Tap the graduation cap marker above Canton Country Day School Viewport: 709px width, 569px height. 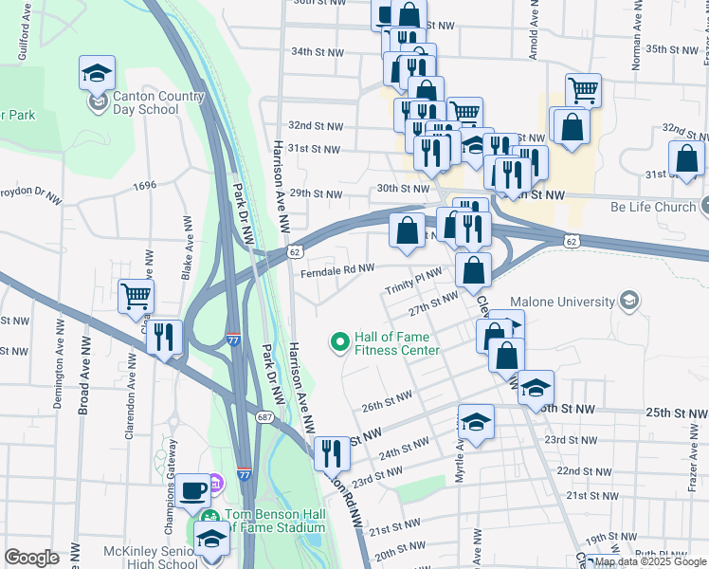[96, 75]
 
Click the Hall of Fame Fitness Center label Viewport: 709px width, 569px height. [396, 343]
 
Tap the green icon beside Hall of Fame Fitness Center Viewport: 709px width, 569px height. [338, 339]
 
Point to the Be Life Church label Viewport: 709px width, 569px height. [653, 207]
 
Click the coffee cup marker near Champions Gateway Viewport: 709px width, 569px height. [194, 491]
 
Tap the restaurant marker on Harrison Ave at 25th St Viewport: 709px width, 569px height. [330, 451]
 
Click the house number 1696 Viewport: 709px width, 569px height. [145, 186]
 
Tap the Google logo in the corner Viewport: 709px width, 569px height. [32, 558]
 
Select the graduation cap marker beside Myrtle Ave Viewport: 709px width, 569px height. [476, 421]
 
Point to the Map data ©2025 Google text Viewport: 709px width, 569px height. [651, 561]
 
